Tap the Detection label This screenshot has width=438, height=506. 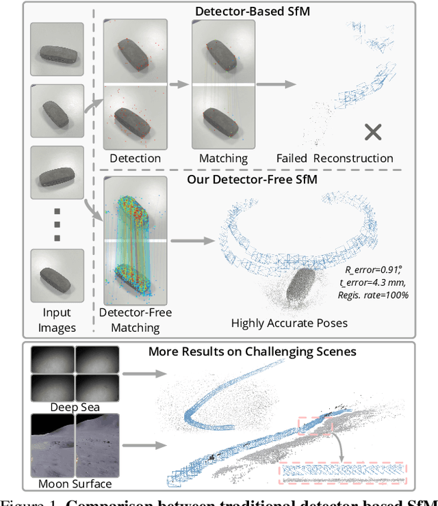pyautogui.click(x=135, y=158)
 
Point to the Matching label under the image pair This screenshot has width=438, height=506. pyautogui.click(x=223, y=158)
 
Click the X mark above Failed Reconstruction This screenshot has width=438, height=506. pyautogui.click(x=373, y=132)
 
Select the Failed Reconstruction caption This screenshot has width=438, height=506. pyautogui.click(x=335, y=158)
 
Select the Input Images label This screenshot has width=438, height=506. pyautogui.click(x=57, y=321)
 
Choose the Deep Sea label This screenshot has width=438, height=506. pyautogui.click(x=75, y=408)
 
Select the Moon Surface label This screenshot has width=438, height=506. pyautogui.click(x=75, y=483)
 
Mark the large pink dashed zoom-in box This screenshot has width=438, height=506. pyautogui.click(x=342, y=472)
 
